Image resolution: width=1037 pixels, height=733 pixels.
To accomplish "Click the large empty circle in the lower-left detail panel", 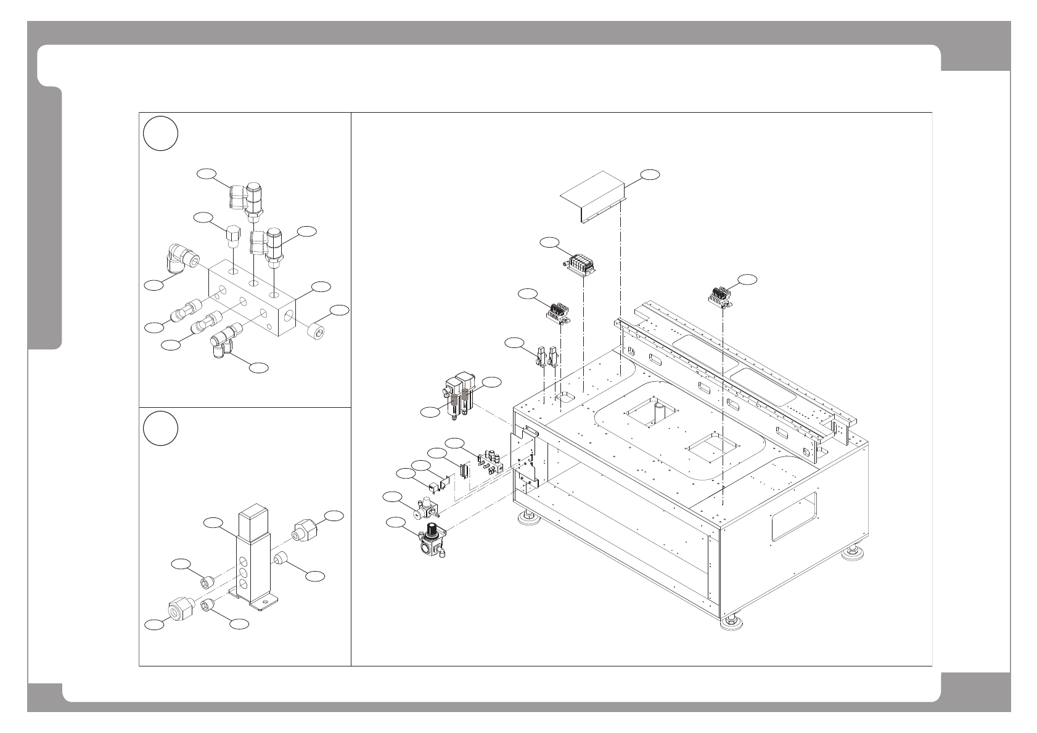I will click(161, 429).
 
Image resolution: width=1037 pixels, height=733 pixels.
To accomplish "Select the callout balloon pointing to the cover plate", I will click(649, 175).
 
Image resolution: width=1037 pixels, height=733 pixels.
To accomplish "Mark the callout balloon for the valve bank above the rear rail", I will click(747, 279).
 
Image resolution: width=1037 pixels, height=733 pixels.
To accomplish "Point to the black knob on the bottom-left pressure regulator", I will click(433, 529).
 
